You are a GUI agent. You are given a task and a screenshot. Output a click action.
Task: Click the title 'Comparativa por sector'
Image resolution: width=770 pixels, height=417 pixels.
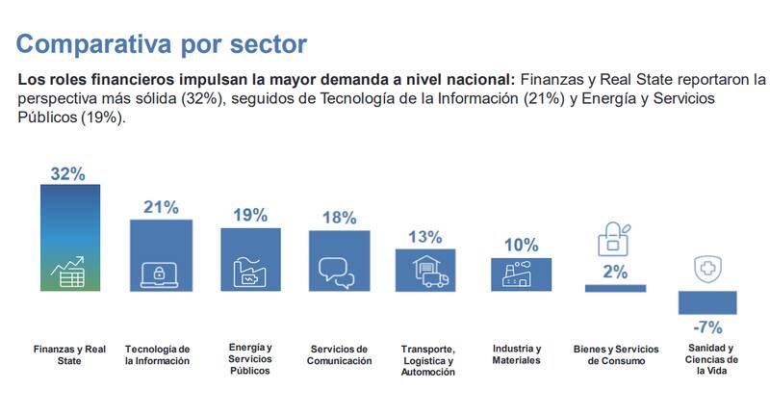coord(161,43)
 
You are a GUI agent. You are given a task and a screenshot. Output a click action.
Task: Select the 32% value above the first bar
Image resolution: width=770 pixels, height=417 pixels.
coord(68,173)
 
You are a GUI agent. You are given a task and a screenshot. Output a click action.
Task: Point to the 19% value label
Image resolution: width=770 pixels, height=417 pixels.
coord(249,215)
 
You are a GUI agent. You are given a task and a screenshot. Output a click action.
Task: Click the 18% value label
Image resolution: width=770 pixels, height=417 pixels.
coord(339,218)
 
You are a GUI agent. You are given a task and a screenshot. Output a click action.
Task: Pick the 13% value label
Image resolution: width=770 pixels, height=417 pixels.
coord(424,237)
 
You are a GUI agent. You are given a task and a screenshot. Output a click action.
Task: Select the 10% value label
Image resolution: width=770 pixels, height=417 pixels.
coord(520,246)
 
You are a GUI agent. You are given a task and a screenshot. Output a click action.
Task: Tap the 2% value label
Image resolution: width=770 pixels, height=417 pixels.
coord(615,273)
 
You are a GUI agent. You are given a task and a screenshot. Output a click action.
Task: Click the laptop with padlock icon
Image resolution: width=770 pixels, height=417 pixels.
coord(159,274)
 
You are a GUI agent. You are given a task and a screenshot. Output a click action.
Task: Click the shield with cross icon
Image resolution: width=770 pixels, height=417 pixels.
coord(707,269)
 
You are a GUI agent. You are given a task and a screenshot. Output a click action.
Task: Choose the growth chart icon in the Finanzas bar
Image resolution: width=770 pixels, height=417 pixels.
coord(69,273)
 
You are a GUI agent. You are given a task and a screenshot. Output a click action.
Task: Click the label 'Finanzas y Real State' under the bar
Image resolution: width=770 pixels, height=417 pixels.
coord(69,354)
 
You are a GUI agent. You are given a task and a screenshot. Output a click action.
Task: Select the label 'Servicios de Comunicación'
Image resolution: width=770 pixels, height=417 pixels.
coord(341,354)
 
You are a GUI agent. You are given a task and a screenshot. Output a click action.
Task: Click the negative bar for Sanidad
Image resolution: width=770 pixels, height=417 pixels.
coord(707,302)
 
